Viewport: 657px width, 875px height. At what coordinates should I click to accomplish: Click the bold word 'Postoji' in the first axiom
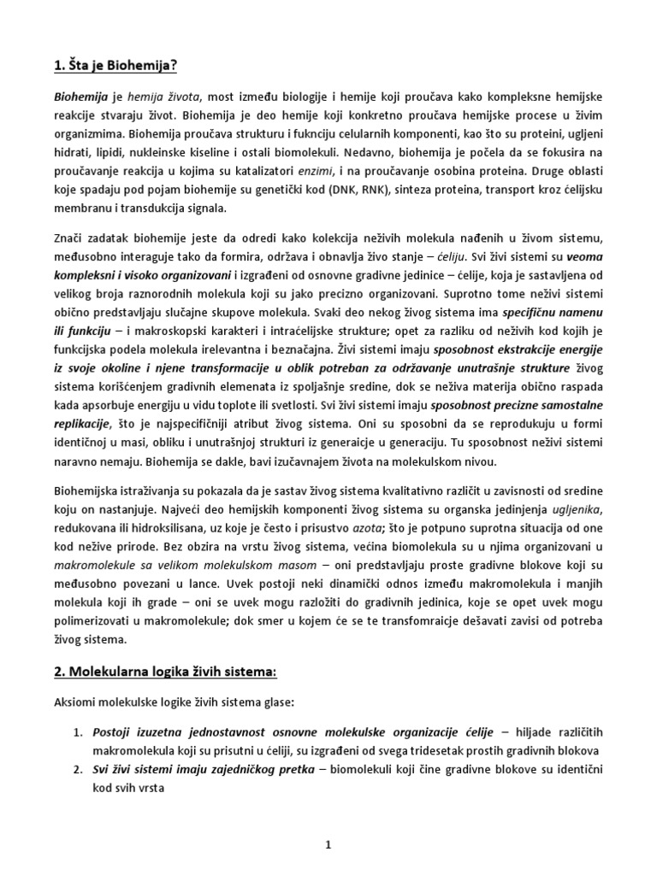pyautogui.click(x=115, y=734)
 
